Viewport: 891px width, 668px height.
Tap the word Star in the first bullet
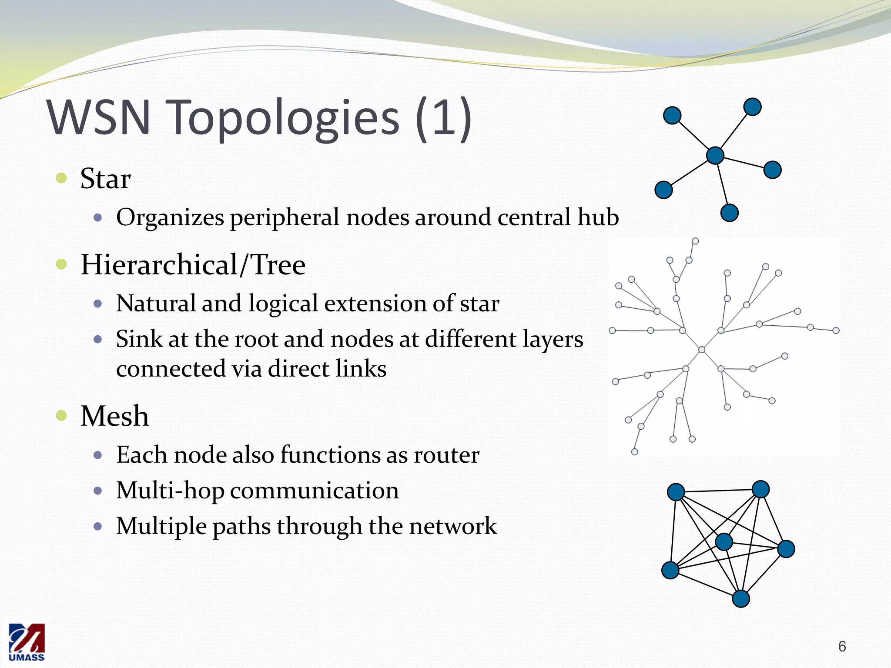tap(105, 179)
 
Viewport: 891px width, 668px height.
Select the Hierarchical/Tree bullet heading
tap(193, 265)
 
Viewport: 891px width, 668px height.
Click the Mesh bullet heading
tap(115, 416)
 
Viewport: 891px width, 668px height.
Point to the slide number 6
tap(842, 646)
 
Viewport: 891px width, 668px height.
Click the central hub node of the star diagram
tap(715, 155)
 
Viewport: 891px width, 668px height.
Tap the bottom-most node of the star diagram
tap(729, 213)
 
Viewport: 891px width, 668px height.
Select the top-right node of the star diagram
tap(752, 107)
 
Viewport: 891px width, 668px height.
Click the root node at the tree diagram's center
tap(701, 350)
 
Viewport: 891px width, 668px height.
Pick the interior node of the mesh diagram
tap(724, 542)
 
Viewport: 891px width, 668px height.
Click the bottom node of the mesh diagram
tap(741, 598)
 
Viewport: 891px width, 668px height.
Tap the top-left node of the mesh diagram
tap(676, 492)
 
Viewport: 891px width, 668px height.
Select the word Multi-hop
tap(170, 491)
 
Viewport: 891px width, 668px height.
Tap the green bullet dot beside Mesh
tap(61, 416)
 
